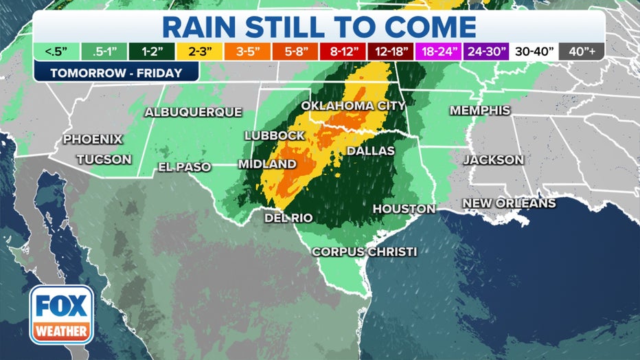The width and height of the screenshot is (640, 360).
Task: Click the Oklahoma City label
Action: point(353,106)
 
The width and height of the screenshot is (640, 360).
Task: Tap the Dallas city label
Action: point(370,150)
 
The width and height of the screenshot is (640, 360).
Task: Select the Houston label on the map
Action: point(404,209)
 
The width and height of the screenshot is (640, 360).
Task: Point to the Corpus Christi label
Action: point(364,252)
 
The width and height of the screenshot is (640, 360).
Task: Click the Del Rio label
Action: point(288,218)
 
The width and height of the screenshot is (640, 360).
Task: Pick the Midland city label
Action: point(267,164)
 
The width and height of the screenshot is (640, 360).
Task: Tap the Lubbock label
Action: point(274,136)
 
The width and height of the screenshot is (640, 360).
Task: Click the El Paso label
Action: point(184,167)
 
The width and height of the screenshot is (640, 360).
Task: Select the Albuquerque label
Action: point(193,112)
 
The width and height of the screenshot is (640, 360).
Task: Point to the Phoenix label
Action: point(93,139)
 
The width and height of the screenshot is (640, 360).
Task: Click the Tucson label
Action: point(104,159)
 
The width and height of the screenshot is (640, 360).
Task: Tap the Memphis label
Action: point(479,111)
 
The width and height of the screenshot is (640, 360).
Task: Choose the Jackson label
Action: point(493,160)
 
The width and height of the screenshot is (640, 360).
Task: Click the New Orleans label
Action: point(509,203)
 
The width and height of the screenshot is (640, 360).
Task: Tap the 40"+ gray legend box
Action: point(581,52)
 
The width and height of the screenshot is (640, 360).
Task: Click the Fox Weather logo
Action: point(61,315)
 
